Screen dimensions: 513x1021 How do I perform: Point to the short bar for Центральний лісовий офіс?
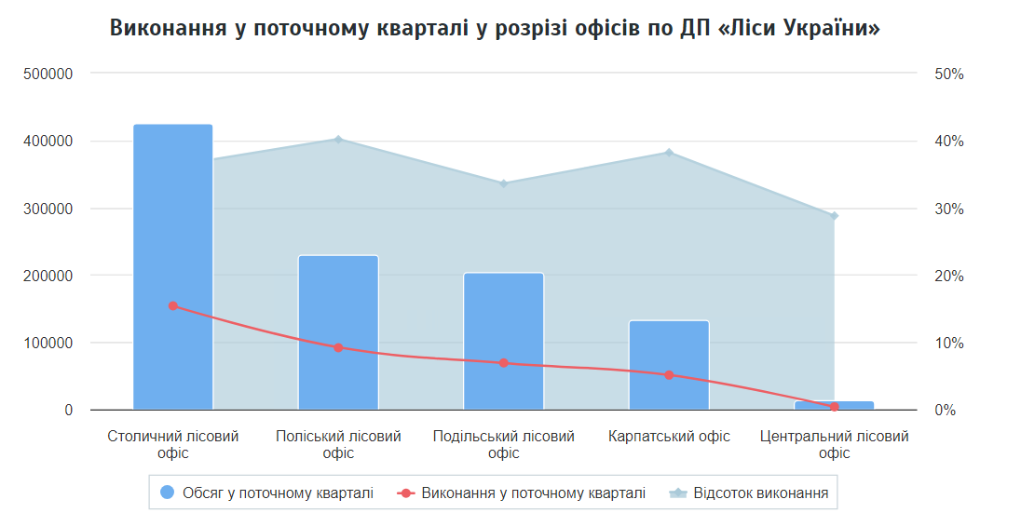pyautogui.click(x=834, y=405)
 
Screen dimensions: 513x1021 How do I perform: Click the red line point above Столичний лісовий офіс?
pyautogui.click(x=172, y=305)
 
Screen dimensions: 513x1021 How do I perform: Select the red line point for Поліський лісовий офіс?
pyautogui.click(x=338, y=347)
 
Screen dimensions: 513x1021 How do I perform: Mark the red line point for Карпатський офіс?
pyautogui.click(x=669, y=375)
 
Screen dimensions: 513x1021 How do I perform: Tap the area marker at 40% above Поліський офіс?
pyautogui.click(x=338, y=140)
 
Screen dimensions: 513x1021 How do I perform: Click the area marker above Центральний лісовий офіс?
pyautogui.click(x=834, y=216)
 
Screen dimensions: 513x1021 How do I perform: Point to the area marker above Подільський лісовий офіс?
pyautogui.click(x=503, y=183)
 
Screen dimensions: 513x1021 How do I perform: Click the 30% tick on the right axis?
pyautogui.click(x=948, y=209)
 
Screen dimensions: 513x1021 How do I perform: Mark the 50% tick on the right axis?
pyautogui.click(x=948, y=74)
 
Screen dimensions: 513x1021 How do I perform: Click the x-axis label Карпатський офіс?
pyautogui.click(x=669, y=436)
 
